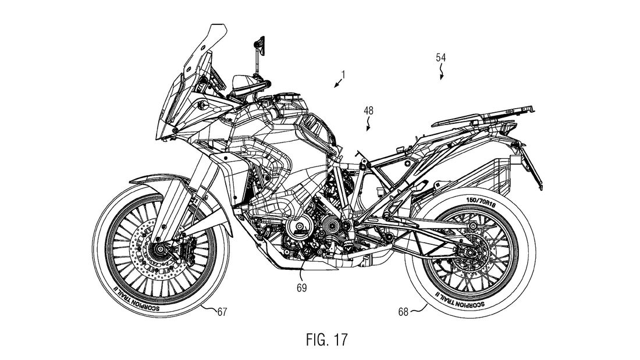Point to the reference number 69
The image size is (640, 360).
300,287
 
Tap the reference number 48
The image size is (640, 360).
369,109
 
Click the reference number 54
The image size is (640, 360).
442,58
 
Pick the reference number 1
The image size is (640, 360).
344,74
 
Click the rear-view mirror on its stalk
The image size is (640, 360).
257,44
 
